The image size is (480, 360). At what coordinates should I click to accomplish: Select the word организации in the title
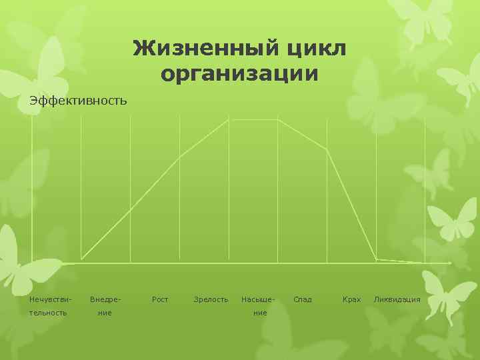239,73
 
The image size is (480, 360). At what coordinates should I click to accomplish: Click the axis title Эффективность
78,101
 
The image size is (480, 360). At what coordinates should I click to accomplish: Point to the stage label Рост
160,299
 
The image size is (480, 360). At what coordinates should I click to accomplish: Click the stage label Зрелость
211,299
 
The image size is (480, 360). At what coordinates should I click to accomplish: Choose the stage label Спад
303,299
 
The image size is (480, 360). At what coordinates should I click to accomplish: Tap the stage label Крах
351,299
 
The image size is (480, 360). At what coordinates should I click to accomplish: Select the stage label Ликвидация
397,299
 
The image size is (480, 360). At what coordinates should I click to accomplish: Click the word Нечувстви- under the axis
50,299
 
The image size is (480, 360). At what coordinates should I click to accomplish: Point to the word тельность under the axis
48,312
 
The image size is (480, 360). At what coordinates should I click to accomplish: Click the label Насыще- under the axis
258,299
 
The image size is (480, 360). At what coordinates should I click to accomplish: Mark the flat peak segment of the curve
253,120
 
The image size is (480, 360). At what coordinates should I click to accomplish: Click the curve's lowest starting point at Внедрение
81,259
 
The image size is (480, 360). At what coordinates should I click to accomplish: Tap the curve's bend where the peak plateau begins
229,120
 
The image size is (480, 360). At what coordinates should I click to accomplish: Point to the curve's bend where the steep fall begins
327,149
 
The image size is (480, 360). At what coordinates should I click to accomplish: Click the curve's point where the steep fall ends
376,259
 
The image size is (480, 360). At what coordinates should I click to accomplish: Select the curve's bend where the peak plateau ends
278,120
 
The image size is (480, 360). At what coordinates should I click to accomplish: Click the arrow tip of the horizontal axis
451,263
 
